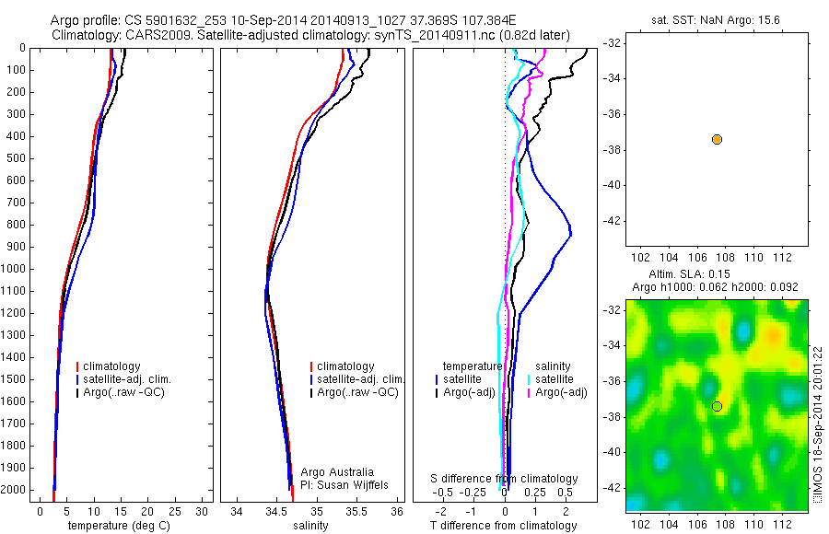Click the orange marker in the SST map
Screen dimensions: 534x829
tap(717, 139)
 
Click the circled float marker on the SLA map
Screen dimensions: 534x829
tap(717, 406)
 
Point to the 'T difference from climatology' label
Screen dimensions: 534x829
tap(504, 526)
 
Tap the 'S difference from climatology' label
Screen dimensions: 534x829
tap(505, 479)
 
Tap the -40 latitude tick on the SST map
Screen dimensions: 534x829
tap(613, 185)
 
